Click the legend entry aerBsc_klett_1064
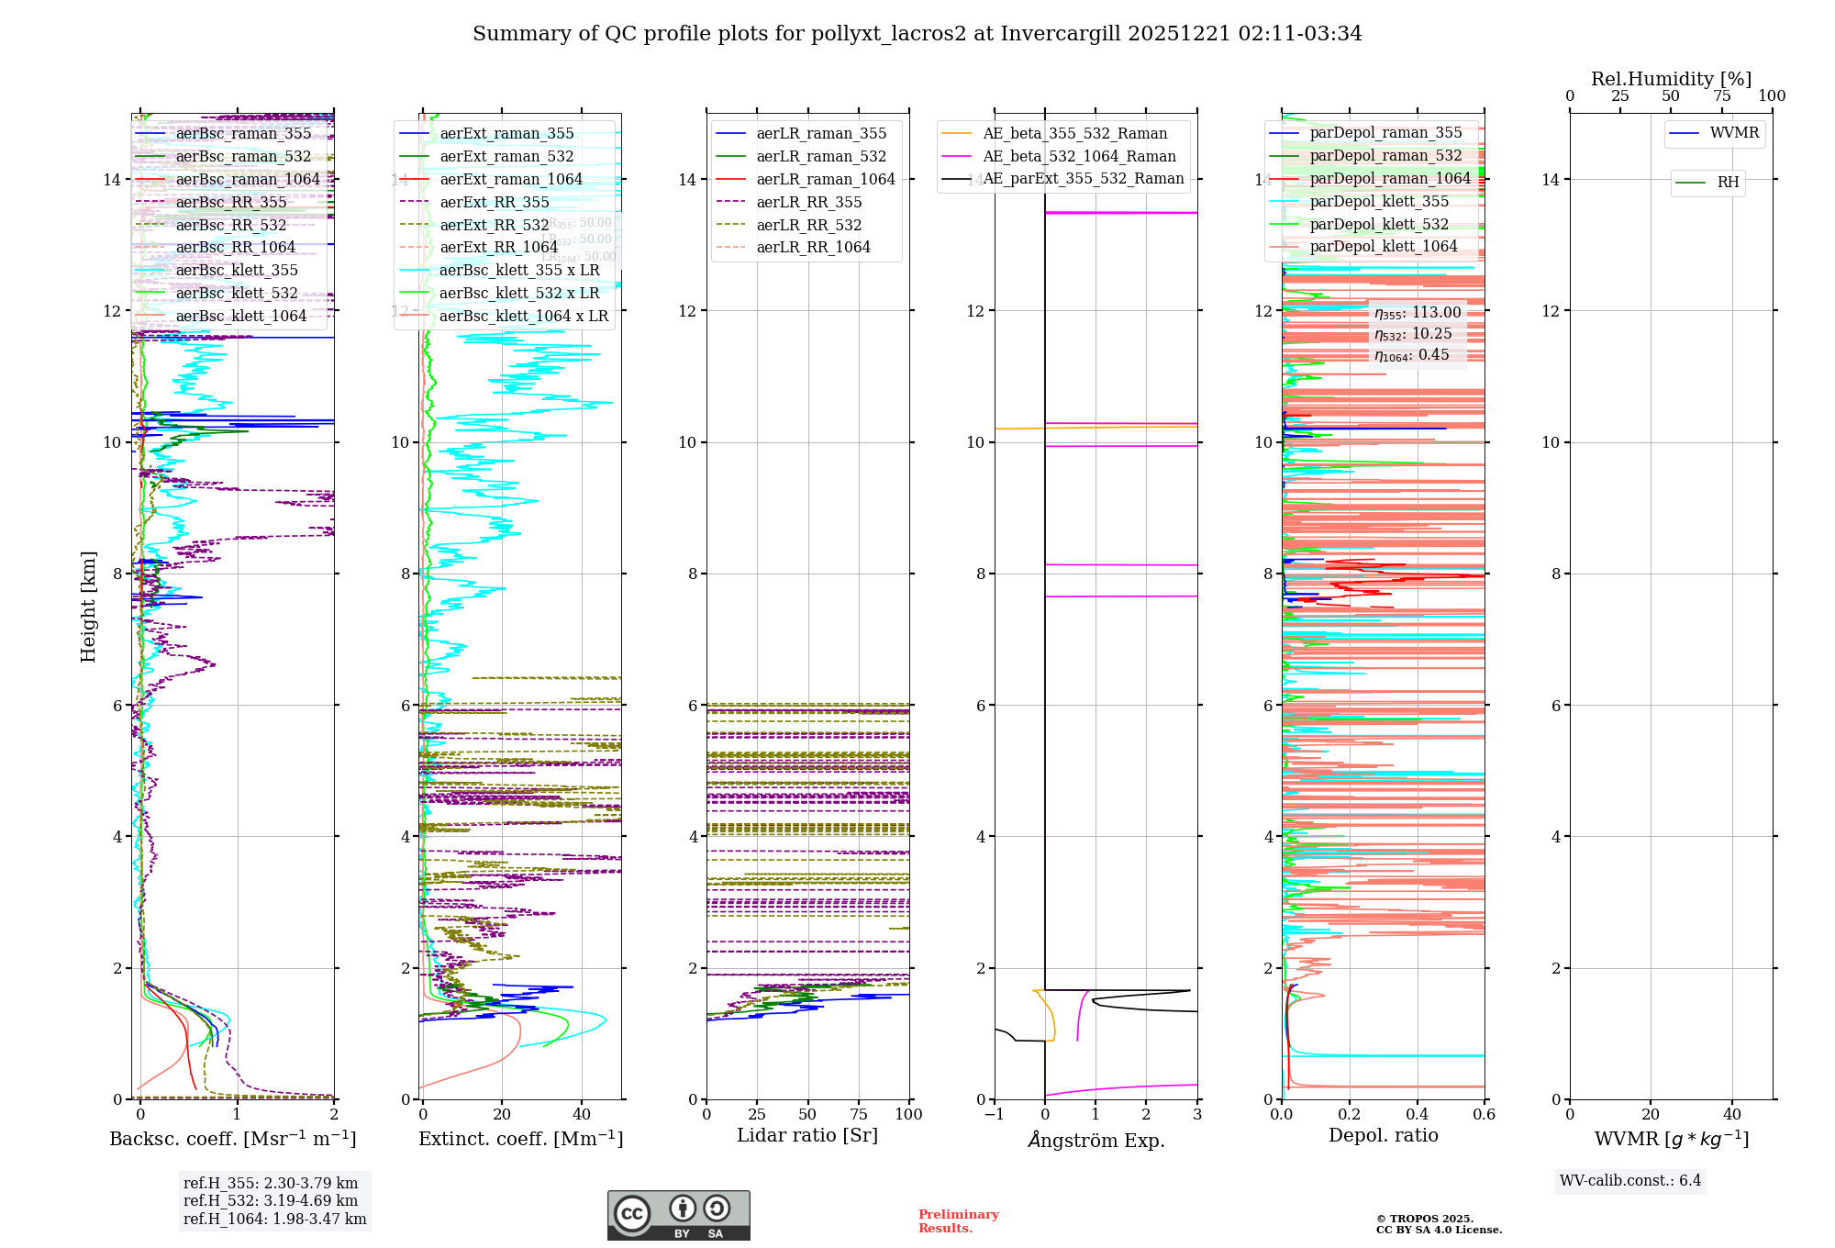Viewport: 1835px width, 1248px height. pos(240,316)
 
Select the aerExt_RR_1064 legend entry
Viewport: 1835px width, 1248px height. pos(498,247)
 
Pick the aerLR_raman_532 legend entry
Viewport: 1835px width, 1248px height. pos(821,156)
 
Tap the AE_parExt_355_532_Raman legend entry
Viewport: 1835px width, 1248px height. pos(1083,179)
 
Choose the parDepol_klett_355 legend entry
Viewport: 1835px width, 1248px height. pos(1379,201)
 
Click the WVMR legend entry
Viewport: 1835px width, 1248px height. pos(1734,133)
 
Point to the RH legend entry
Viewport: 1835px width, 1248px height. pos(1728,183)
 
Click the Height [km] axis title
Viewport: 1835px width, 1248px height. pos(88,607)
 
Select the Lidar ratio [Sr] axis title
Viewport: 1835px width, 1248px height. pos(807,1135)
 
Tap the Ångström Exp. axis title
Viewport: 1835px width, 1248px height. pos(1096,1140)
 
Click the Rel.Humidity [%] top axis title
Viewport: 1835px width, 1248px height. pos(1671,79)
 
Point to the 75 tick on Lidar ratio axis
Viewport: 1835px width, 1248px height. pos(859,1114)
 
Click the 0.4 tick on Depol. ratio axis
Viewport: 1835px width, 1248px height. pos(1417,1114)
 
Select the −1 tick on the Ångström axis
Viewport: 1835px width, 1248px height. pos(994,1114)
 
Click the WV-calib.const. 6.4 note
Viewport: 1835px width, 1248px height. pos(1630,1180)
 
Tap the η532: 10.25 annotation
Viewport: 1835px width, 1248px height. pos(1413,334)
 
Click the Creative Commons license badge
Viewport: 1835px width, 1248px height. pos(678,1215)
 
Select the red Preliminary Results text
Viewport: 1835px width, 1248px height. pos(958,1220)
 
